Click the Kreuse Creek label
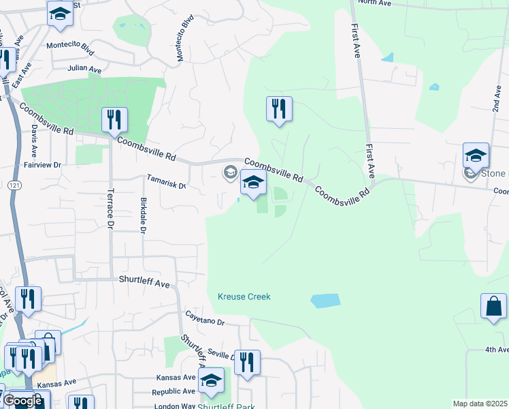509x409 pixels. [244, 297]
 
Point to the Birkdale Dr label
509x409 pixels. [143, 215]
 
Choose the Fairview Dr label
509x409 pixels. [43, 165]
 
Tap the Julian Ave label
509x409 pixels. [84, 70]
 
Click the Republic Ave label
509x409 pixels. [174, 391]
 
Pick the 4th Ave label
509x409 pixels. [497, 350]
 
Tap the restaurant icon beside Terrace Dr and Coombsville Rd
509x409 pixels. [114, 120]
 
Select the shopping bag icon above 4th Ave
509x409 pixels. [493, 306]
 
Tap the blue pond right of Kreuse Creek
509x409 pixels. [325, 300]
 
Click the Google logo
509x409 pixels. [22, 402]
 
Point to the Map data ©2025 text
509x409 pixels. [480, 404]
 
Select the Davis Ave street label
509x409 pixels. [34, 143]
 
